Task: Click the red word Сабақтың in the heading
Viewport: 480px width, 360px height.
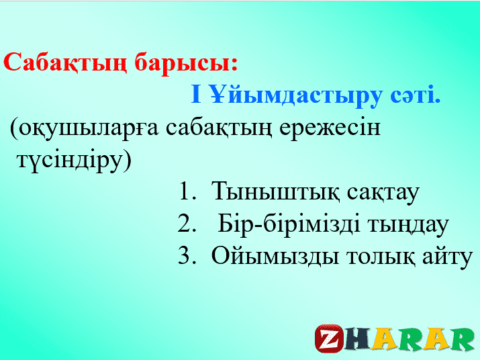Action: click(x=65, y=63)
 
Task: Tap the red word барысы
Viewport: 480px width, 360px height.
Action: click(x=183, y=64)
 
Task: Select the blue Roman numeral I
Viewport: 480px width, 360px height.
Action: click(x=196, y=94)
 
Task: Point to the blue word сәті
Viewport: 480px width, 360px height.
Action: click(x=416, y=95)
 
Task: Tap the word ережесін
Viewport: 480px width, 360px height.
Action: click(x=330, y=129)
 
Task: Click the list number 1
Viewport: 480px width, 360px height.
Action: click(x=187, y=191)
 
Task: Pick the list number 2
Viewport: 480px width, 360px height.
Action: click(x=187, y=224)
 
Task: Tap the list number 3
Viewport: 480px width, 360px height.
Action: click(x=187, y=255)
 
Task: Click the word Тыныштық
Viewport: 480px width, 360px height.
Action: click(x=275, y=192)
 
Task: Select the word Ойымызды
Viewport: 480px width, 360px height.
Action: click(x=275, y=256)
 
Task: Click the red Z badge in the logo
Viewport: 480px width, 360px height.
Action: click(x=330, y=339)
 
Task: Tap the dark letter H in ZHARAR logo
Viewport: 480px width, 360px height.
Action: click(x=358, y=339)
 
